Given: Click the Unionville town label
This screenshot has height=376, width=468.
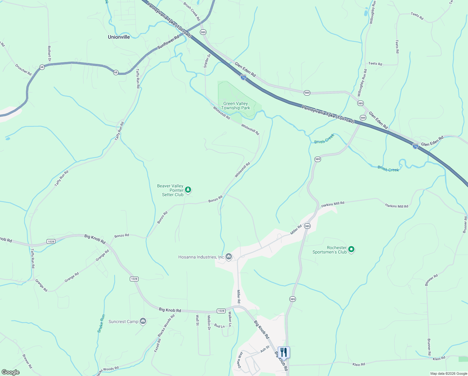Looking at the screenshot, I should click(119, 37).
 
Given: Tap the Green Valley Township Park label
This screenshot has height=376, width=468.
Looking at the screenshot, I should click(236, 106).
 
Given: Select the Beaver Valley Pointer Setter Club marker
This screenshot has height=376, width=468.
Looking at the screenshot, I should click(188, 190).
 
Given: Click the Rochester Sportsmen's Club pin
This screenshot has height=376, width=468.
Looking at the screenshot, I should click(351, 249).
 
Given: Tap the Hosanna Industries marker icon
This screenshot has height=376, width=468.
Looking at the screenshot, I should click(229, 257).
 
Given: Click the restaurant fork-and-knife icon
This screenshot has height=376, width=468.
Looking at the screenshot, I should click(283, 352).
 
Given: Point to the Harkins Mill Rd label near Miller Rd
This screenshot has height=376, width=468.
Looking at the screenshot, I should click(333, 204).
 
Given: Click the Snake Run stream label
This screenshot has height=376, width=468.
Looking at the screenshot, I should click(101, 323).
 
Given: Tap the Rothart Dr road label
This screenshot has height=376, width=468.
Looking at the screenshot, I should click(49, 53).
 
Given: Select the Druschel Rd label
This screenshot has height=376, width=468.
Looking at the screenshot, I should click(23, 70).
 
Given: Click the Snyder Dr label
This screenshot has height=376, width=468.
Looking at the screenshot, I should click(207, 60).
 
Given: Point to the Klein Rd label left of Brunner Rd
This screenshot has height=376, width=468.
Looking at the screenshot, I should click(359, 364).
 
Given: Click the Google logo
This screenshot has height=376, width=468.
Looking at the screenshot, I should click(11, 372).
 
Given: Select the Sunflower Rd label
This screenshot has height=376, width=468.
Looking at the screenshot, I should click(168, 42).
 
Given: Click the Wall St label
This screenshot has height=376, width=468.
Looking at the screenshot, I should click(197, 320).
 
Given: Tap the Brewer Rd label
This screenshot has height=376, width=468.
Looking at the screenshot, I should click(27, 361).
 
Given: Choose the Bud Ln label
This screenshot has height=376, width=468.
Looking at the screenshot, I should click(219, 326).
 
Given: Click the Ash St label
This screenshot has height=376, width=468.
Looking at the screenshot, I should click(265, 349).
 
